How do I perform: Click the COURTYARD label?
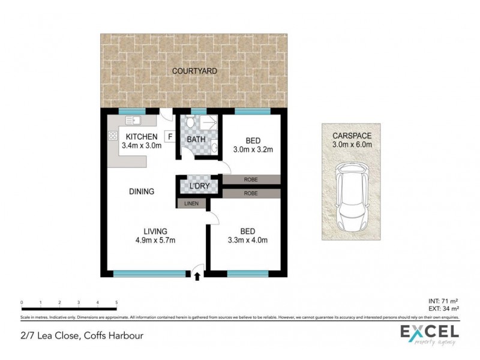(194, 71)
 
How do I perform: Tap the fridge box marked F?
(170, 137)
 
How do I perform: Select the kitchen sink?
(115, 122)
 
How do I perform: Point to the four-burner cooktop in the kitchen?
(112, 137)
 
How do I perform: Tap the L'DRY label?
(199, 186)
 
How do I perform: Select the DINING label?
(142, 192)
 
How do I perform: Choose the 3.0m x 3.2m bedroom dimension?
(251, 149)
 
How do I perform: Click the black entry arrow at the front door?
(197, 276)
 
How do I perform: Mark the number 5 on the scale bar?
(116, 302)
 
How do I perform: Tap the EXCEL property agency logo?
(430, 334)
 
